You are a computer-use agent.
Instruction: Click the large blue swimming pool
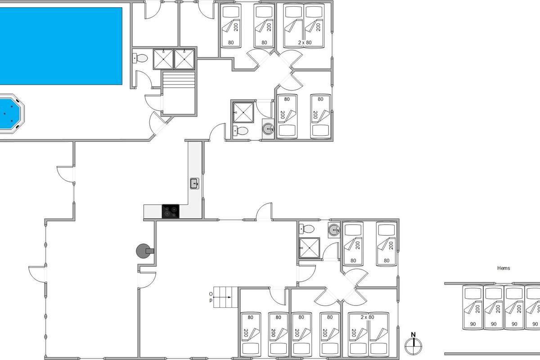61,46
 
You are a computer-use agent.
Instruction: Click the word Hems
504,268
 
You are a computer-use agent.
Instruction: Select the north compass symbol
414,344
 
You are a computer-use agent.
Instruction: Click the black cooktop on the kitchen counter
171,211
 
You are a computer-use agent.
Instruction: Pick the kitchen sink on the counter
194,184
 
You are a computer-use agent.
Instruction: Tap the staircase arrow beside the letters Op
222,297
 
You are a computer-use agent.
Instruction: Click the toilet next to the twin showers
140,58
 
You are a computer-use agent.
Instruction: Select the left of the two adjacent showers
163,59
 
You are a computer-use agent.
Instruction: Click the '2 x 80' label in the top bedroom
305,43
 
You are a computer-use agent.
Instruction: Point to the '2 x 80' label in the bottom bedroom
367,317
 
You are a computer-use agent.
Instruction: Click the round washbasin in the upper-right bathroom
268,129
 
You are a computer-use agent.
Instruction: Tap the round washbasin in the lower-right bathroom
334,229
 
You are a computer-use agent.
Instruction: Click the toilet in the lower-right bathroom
306,229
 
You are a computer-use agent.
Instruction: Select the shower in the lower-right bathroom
309,248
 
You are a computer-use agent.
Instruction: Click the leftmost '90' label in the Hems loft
473,324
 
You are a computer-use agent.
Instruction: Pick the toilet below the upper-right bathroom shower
241,131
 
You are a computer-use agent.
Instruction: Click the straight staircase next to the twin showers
179,93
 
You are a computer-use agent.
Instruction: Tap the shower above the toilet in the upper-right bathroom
243,112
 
